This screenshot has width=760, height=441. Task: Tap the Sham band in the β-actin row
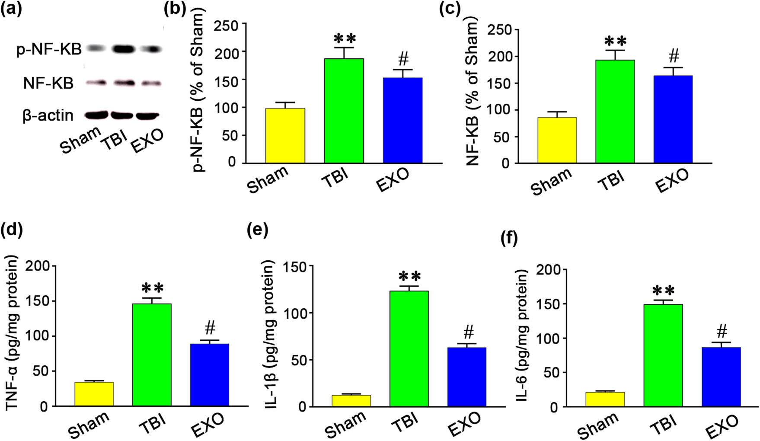[97, 115]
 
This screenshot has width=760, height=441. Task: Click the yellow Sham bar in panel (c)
[557, 140]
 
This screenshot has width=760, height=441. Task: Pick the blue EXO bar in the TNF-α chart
[209, 375]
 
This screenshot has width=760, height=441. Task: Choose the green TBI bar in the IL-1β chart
[409, 348]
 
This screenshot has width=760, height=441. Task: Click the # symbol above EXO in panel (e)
[468, 332]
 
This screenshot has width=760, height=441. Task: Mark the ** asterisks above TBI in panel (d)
[152, 288]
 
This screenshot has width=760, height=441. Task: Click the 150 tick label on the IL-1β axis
[295, 267]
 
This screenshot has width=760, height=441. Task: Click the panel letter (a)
[11, 8]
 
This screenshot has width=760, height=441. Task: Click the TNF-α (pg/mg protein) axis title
[12, 333]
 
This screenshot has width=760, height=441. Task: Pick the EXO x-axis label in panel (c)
[672, 181]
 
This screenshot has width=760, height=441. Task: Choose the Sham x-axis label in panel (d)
[89, 425]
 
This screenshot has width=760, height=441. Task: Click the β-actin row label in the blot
[48, 116]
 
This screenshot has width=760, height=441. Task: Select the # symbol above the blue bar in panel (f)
[722, 332]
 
